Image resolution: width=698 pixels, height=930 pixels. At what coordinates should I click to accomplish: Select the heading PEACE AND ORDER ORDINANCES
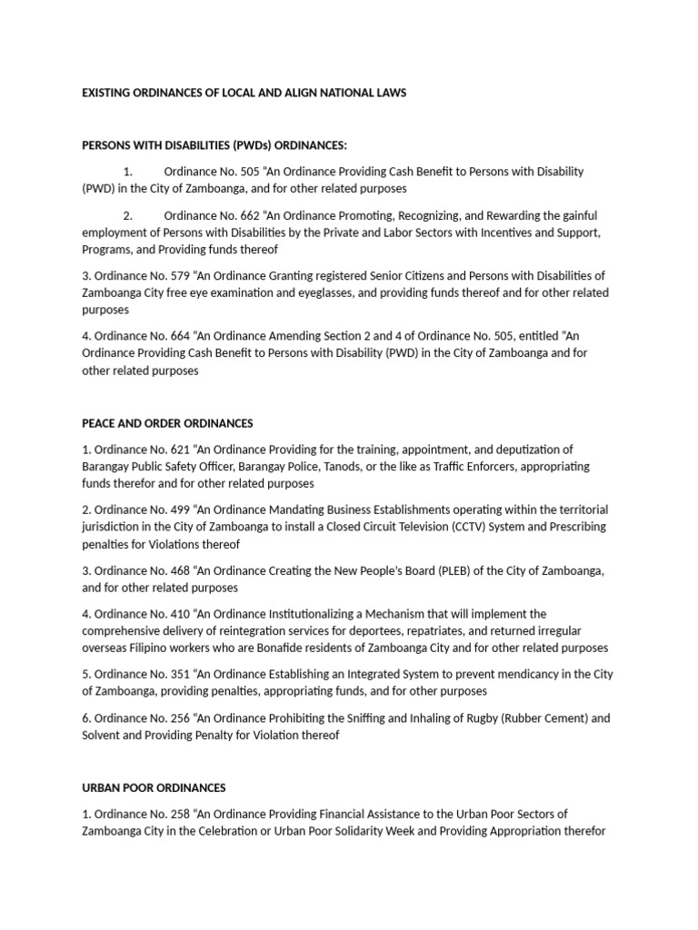click(167, 423)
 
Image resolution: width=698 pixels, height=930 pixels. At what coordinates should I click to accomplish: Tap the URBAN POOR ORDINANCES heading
click(154, 787)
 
